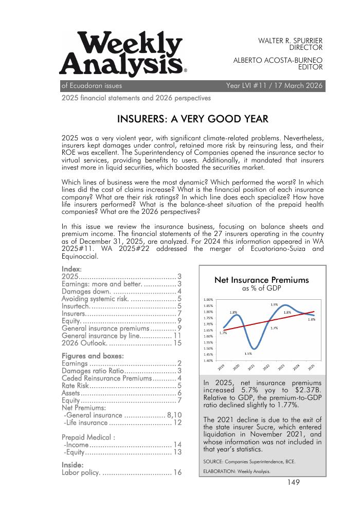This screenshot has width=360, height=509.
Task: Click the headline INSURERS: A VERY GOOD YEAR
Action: [193, 119]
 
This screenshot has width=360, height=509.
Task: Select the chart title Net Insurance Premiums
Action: [261, 280]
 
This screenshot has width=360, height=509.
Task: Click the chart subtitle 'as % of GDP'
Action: [261, 289]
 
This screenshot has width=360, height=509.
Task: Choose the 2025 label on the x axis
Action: [311, 367]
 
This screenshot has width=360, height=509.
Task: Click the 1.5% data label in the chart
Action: [248, 353]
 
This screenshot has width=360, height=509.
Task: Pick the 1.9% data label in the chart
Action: [274, 305]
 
